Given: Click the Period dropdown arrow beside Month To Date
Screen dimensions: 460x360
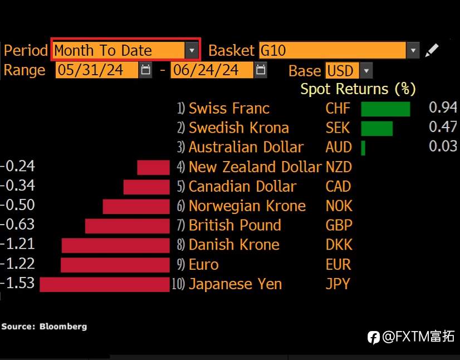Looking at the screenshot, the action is coord(192,50).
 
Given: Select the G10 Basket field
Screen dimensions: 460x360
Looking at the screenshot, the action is coord(332,50).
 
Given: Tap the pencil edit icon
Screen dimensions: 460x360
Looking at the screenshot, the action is coord(432,50).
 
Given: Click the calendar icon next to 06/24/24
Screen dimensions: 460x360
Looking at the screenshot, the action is coord(261,70).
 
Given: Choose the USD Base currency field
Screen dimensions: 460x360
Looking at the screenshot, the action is coord(342,71).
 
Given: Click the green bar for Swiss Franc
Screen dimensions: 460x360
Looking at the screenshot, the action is coord(385,109).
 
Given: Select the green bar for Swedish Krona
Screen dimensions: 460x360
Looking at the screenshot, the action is coord(376,128).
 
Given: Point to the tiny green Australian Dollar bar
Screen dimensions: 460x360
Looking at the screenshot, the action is coord(363,148).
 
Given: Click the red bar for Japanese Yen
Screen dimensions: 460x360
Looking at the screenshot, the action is coord(105,285).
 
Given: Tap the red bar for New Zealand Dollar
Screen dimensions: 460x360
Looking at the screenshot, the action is coord(154,167).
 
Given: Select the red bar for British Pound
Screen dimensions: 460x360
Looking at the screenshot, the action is coord(128,226).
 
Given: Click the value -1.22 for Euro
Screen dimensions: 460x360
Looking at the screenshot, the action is coord(18,264).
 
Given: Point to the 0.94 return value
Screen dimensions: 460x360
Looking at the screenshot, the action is coord(443,108).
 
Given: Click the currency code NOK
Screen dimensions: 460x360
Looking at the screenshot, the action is coord(339,206).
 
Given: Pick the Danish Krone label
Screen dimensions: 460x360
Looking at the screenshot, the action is coord(234,245).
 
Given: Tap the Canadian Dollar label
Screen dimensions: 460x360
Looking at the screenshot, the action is coord(243,187).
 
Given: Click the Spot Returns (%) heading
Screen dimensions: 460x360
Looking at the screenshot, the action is coord(358,89).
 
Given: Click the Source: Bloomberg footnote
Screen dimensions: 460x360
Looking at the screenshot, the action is coord(44,327).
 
